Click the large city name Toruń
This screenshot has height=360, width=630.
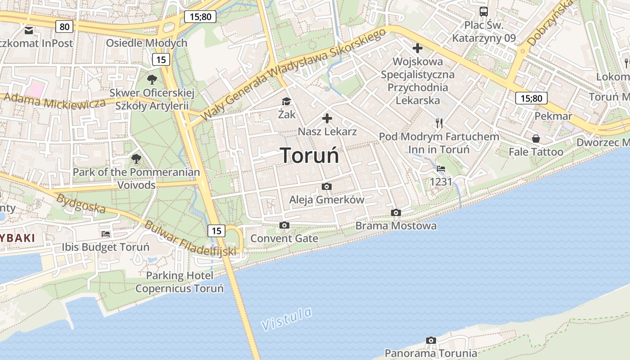(310, 155)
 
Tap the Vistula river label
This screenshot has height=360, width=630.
(287, 319)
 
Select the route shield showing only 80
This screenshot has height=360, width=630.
(65, 27)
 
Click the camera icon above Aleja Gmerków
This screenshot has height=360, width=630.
(327, 186)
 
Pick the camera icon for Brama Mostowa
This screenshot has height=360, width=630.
(396, 212)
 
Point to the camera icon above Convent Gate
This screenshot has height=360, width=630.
(284, 225)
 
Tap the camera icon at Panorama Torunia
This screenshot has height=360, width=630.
(431, 340)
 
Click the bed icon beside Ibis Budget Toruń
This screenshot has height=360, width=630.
(106, 234)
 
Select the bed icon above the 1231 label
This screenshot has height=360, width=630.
(441, 169)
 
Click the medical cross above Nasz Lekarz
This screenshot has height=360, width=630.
(327, 119)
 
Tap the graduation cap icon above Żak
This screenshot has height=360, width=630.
(287, 101)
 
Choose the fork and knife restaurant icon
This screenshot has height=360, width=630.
(439, 123)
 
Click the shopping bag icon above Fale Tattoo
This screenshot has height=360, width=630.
(535, 139)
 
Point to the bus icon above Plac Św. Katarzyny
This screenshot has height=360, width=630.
(484, 12)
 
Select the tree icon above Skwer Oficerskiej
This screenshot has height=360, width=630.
(152, 80)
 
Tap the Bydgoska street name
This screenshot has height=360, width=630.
(81, 204)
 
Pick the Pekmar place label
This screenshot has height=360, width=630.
(553, 116)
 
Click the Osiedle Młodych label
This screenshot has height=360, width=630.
(146, 43)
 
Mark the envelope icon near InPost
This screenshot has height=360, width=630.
(29, 31)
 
